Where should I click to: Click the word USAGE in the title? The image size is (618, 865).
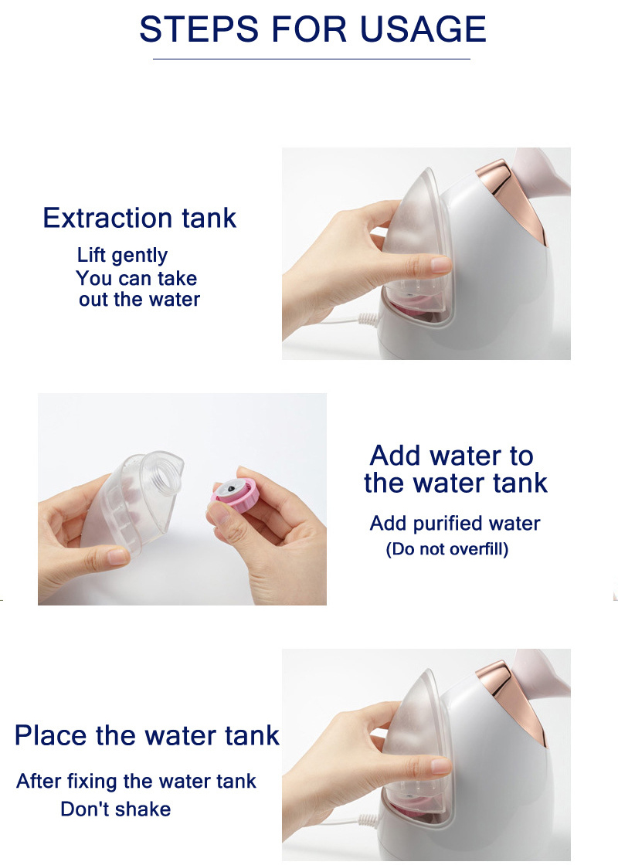[423, 29]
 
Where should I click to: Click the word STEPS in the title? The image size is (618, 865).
[199, 29]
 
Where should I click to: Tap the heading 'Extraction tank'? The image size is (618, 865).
[140, 217]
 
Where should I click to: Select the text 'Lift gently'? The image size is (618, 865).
[122, 256]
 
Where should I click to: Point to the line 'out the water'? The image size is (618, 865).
[139, 300]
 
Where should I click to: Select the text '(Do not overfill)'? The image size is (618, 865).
[447, 549]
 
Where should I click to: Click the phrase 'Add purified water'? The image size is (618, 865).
[455, 524]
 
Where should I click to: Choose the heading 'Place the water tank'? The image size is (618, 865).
[147, 735]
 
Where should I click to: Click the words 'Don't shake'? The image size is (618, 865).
[115, 809]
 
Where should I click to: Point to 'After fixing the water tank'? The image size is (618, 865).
[136, 782]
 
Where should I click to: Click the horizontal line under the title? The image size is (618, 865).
[311, 59]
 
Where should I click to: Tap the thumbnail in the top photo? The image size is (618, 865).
[441, 266]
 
